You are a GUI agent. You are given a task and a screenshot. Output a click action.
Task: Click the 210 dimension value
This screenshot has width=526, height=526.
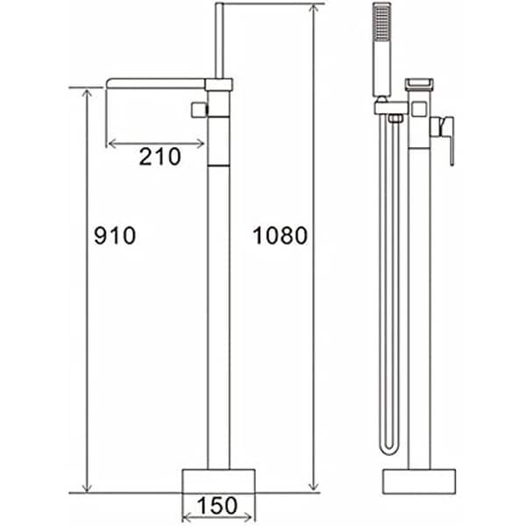pos(159,157)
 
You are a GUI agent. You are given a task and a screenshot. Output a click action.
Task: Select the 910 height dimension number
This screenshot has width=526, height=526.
pos(114,235)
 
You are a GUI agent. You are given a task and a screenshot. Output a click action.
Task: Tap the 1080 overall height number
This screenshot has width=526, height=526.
pos(279,235)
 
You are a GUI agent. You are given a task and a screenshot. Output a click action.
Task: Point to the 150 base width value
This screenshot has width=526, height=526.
pos(218,505)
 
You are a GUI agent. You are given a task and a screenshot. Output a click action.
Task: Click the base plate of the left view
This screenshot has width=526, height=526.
pos(218,480)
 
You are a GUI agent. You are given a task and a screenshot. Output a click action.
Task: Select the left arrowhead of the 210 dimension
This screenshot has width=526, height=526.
pos(110,143)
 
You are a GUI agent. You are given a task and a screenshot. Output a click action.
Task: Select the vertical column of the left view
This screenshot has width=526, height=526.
pos(218,307)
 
